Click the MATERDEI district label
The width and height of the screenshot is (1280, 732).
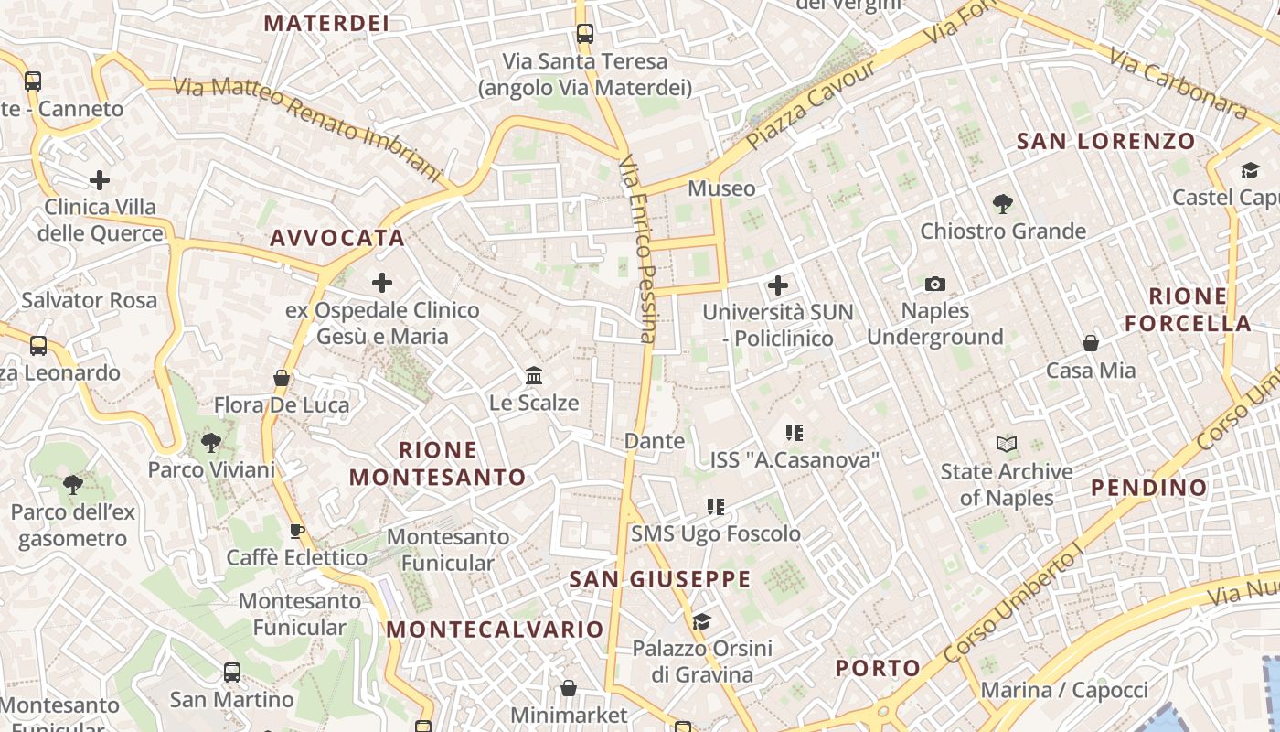326,23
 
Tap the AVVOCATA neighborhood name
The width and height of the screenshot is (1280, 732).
337,238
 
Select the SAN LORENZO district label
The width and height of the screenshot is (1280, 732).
1106,141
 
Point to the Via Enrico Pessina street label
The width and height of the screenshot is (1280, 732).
638,249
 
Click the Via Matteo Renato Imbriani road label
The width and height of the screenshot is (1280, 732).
307,126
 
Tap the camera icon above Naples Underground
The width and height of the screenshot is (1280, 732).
934,285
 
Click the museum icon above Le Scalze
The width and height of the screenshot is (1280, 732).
534,375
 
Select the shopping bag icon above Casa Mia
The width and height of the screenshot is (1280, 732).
1091,343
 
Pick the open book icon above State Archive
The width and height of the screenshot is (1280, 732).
1007,445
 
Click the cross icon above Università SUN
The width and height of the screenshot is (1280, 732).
778,285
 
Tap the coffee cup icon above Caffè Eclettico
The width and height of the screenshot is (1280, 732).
297,531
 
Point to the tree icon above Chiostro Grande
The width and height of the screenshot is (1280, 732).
1003,204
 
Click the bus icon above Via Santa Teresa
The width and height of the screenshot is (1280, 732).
585,34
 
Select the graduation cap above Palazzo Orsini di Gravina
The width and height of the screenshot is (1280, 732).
701,622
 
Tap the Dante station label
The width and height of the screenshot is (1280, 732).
654,441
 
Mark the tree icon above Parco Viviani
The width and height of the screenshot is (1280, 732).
211,444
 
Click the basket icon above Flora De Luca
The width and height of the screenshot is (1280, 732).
282,378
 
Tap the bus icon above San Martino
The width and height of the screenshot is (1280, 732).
232,673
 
